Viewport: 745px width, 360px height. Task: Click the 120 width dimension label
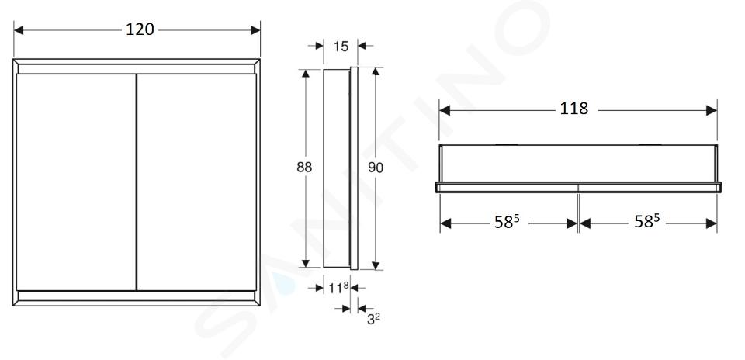pos(140,29)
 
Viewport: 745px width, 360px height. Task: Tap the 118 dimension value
pos(574,109)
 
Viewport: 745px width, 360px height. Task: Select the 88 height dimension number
pos(304,167)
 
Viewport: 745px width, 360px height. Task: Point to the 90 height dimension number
pos(376,168)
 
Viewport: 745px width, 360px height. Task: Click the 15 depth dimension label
pos(341,47)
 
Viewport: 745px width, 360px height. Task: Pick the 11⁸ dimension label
pos(339,287)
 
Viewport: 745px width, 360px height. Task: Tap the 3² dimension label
pos(373,319)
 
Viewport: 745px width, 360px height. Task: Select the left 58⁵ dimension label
pos(507,221)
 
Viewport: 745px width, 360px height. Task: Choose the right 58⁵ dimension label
pos(647,221)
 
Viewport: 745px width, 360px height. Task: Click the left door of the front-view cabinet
pos(77,182)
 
